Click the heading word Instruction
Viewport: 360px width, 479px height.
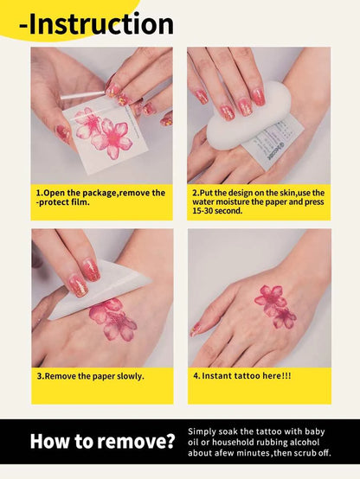click(101, 24)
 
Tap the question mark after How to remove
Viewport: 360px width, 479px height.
click(170, 441)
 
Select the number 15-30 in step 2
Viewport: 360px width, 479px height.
click(203, 210)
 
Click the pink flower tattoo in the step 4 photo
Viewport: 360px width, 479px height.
click(274, 306)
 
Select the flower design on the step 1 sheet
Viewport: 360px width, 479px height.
click(104, 132)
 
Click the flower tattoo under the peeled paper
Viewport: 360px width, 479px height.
click(113, 319)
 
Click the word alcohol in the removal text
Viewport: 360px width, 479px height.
click(305, 442)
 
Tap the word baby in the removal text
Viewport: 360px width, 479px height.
click(315, 431)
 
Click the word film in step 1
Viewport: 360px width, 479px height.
click(81, 202)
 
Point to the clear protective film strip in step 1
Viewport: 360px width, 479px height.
click(83, 95)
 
